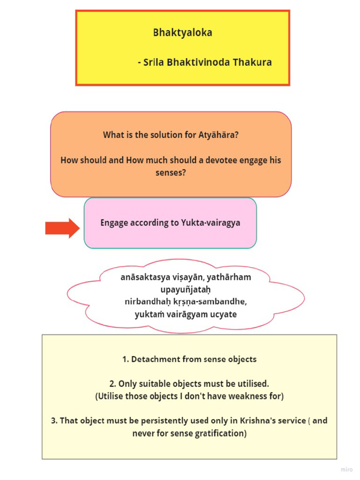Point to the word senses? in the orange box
point(171,173)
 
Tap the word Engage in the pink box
point(114,223)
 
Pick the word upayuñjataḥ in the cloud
point(182,289)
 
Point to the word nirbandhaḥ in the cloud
point(144,301)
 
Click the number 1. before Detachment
point(125,360)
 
